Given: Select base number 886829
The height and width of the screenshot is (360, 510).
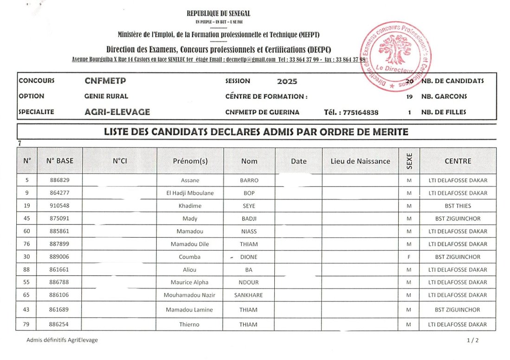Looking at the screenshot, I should tap(59, 180).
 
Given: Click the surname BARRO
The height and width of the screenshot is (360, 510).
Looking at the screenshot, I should tap(249, 180).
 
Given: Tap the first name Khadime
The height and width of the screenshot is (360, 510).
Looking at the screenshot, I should tap(190, 206).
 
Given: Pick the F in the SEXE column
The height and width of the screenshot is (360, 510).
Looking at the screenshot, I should tap(408, 257).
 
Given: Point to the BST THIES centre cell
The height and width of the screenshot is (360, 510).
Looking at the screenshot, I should tap(458, 206).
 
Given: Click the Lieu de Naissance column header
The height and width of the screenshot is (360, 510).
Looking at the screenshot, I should tap(360, 161).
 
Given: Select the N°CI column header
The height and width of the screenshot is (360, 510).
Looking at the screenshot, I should tap(120, 161).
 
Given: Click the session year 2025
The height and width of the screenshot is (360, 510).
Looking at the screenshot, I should tap(287, 82).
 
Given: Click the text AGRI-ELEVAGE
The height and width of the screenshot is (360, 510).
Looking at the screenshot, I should tap(117, 112).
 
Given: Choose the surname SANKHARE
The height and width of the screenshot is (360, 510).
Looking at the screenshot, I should tap(249, 295).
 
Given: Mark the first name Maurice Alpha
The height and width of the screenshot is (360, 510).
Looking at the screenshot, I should tap(190, 282).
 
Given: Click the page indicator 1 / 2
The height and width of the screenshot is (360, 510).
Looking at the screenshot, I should tap(472, 340).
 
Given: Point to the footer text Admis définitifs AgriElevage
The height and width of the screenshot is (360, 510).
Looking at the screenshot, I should tap(62, 340).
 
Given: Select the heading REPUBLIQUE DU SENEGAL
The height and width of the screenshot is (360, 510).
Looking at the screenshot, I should tap(218, 14).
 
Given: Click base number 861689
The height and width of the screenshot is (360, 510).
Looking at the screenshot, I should tap(59, 309).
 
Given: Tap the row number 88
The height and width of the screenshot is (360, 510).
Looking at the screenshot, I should tap(27, 270).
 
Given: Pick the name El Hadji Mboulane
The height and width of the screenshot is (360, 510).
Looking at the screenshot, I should tap(190, 193).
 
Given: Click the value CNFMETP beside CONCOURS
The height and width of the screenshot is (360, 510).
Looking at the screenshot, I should tap(105, 81).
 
